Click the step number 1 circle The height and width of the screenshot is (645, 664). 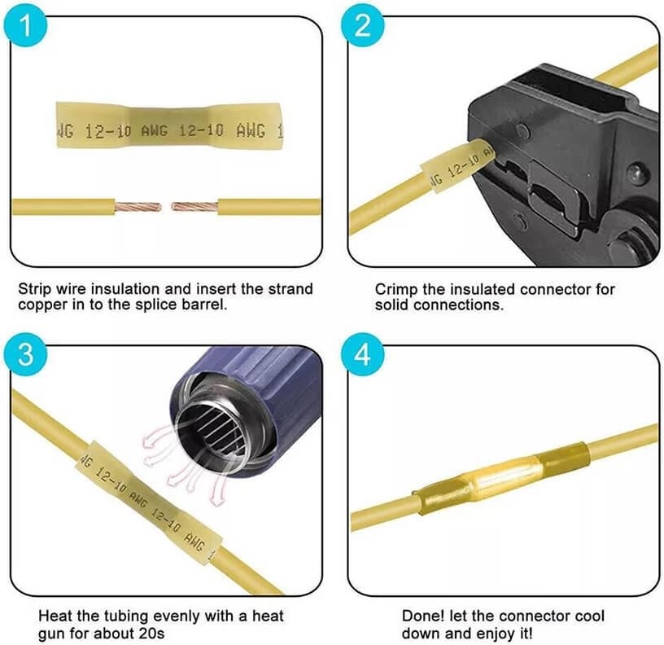tap(25, 25)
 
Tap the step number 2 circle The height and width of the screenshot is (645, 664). tap(362, 25)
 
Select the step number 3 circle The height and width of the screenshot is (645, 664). tap(25, 354)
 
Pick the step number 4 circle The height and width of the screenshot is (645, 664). tap(362, 354)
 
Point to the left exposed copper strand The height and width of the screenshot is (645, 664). tap(138, 207)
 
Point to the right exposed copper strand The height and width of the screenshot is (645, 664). tap(194, 207)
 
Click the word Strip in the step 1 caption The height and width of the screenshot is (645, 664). tap(35, 289)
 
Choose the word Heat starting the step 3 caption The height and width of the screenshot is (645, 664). tap(55, 616)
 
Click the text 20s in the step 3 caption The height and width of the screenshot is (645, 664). tap(151, 634)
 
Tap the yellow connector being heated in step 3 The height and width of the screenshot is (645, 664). tap(149, 503)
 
